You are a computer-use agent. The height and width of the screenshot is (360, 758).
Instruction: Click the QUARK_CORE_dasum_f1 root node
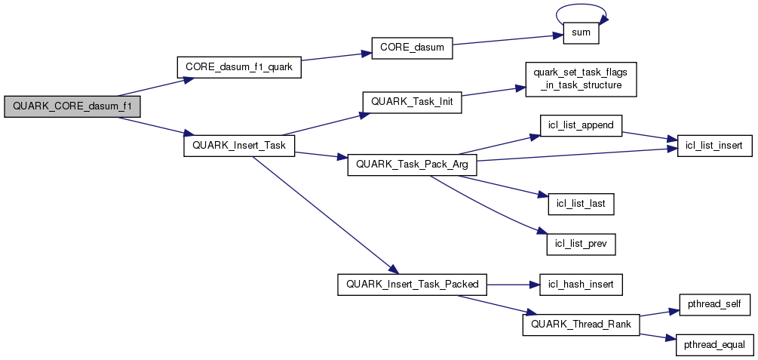[72, 106]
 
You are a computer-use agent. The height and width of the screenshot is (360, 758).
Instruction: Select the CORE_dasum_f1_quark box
[239, 67]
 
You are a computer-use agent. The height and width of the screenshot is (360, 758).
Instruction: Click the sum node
[582, 32]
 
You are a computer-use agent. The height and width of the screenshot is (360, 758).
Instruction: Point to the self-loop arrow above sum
[582, 8]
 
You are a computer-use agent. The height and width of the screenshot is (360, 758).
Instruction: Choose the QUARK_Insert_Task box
[239, 146]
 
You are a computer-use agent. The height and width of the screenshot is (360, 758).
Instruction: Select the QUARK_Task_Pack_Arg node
[412, 165]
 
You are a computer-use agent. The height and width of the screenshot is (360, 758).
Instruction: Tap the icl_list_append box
[582, 126]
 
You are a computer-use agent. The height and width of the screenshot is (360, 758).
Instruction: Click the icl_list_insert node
[714, 146]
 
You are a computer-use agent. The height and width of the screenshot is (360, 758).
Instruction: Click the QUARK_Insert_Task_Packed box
[412, 285]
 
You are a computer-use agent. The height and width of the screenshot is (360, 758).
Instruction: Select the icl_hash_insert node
[582, 285]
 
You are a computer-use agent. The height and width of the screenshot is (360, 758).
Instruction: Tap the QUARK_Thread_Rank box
[582, 325]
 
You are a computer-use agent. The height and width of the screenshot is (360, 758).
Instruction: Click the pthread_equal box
[714, 345]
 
